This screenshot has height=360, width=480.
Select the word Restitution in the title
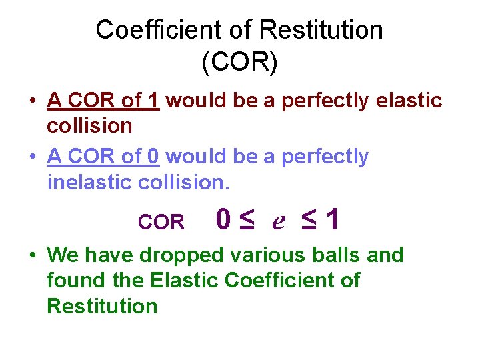[321, 29]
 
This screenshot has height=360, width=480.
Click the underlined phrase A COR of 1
[103, 101]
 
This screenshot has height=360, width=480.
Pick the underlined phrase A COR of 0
[103, 157]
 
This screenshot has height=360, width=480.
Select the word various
[267, 255]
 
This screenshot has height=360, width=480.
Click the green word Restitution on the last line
[103, 306]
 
